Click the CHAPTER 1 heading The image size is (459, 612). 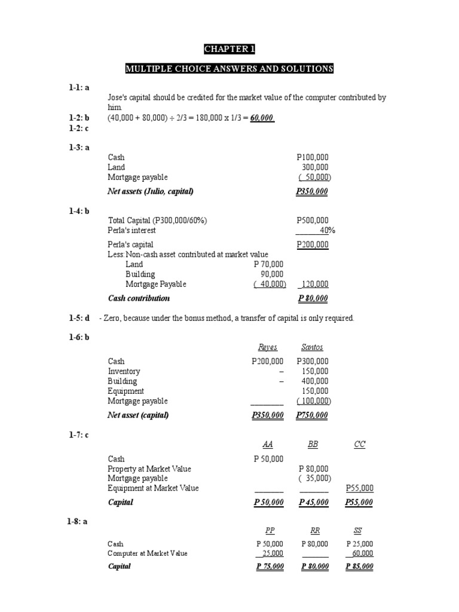click(229, 50)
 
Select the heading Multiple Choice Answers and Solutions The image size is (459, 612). click(229, 69)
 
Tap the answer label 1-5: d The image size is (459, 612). click(79, 318)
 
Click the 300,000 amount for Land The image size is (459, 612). click(315, 167)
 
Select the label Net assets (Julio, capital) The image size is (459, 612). click(151, 191)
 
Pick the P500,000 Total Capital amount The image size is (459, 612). click(313, 221)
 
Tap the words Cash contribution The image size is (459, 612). click(139, 298)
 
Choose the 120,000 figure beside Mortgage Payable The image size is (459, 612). click(315, 284)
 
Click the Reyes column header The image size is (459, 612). click(268, 347)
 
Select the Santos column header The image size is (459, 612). click(313, 347)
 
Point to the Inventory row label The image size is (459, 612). click(124, 371)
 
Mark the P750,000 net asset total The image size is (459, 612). click(313, 415)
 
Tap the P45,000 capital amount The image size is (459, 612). click(314, 503)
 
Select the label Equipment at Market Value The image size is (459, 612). click(153, 488)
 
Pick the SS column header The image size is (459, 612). click(359, 530)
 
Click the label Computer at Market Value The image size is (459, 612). click(148, 553)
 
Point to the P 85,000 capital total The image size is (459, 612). click(360, 567)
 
